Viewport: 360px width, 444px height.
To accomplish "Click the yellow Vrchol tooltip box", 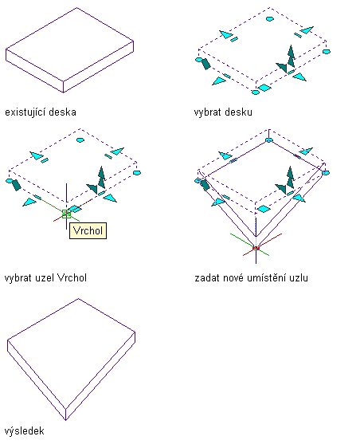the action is point(88,231).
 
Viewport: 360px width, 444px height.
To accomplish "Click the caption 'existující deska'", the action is point(41,112).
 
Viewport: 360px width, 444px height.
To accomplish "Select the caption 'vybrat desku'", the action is point(223,112).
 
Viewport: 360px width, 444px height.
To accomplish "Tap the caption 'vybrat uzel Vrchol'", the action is point(45,277).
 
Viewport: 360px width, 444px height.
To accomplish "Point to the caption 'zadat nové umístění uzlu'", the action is point(252,277).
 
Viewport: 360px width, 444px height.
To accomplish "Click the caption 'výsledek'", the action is point(25,431).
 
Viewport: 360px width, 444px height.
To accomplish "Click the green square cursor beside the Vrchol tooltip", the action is point(66,214).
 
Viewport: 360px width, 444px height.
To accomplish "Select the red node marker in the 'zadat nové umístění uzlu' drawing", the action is point(256,249).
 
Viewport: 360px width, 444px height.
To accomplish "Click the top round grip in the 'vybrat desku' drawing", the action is point(270,19).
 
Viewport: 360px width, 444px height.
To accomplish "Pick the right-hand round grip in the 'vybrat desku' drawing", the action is point(327,52).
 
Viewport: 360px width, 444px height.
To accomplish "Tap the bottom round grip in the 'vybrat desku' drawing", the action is point(256,92).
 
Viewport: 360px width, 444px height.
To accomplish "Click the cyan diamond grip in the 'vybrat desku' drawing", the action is point(264,88).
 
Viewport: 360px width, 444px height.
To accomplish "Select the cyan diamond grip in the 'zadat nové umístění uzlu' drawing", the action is point(264,209).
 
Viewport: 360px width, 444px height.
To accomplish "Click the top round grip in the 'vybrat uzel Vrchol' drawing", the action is point(80,139).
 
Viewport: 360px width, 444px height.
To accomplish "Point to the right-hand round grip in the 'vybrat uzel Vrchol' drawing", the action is point(137,173).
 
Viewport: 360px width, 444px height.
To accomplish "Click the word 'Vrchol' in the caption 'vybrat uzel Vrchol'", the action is point(72,277).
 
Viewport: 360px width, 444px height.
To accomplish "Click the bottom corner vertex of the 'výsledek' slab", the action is point(65,420).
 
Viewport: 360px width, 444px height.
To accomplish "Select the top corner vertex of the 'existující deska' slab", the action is point(77,8).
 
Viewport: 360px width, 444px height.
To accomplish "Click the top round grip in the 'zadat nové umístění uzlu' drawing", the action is point(269,139).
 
